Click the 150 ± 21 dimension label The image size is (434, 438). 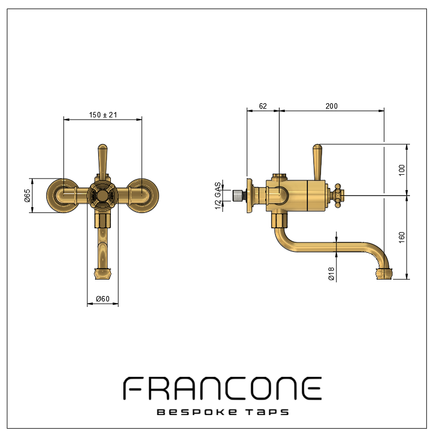[x=103, y=115]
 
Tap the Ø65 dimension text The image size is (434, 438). [x=27, y=196]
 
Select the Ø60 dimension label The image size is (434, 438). [x=103, y=299]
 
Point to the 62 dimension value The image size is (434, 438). [x=263, y=106]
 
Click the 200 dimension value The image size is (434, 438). [x=331, y=106]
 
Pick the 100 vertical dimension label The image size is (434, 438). [x=402, y=170]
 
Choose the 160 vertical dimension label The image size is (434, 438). [x=402, y=238]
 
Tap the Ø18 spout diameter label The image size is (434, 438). [x=331, y=274]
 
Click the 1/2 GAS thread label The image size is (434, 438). [x=218, y=196]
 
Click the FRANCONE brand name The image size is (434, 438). [x=222, y=388]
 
